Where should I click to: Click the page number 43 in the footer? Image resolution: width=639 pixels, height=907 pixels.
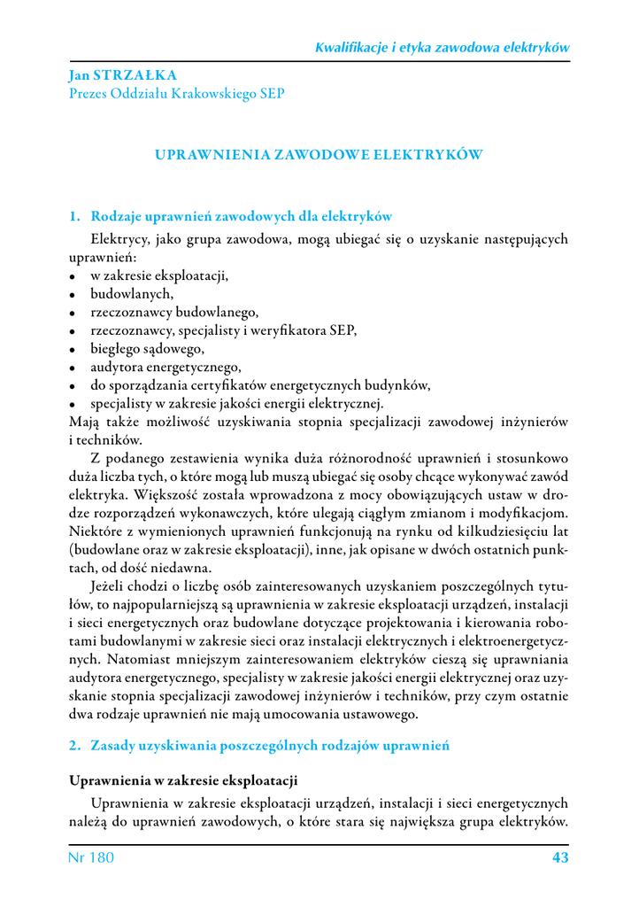click(559, 857)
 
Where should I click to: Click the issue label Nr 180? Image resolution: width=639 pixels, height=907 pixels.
click(91, 857)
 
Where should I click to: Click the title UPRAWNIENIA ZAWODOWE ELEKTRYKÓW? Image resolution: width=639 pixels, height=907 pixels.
click(319, 154)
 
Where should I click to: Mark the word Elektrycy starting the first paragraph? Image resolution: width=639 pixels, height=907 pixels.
click(119, 239)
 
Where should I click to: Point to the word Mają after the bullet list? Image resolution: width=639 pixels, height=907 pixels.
click(85, 421)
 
